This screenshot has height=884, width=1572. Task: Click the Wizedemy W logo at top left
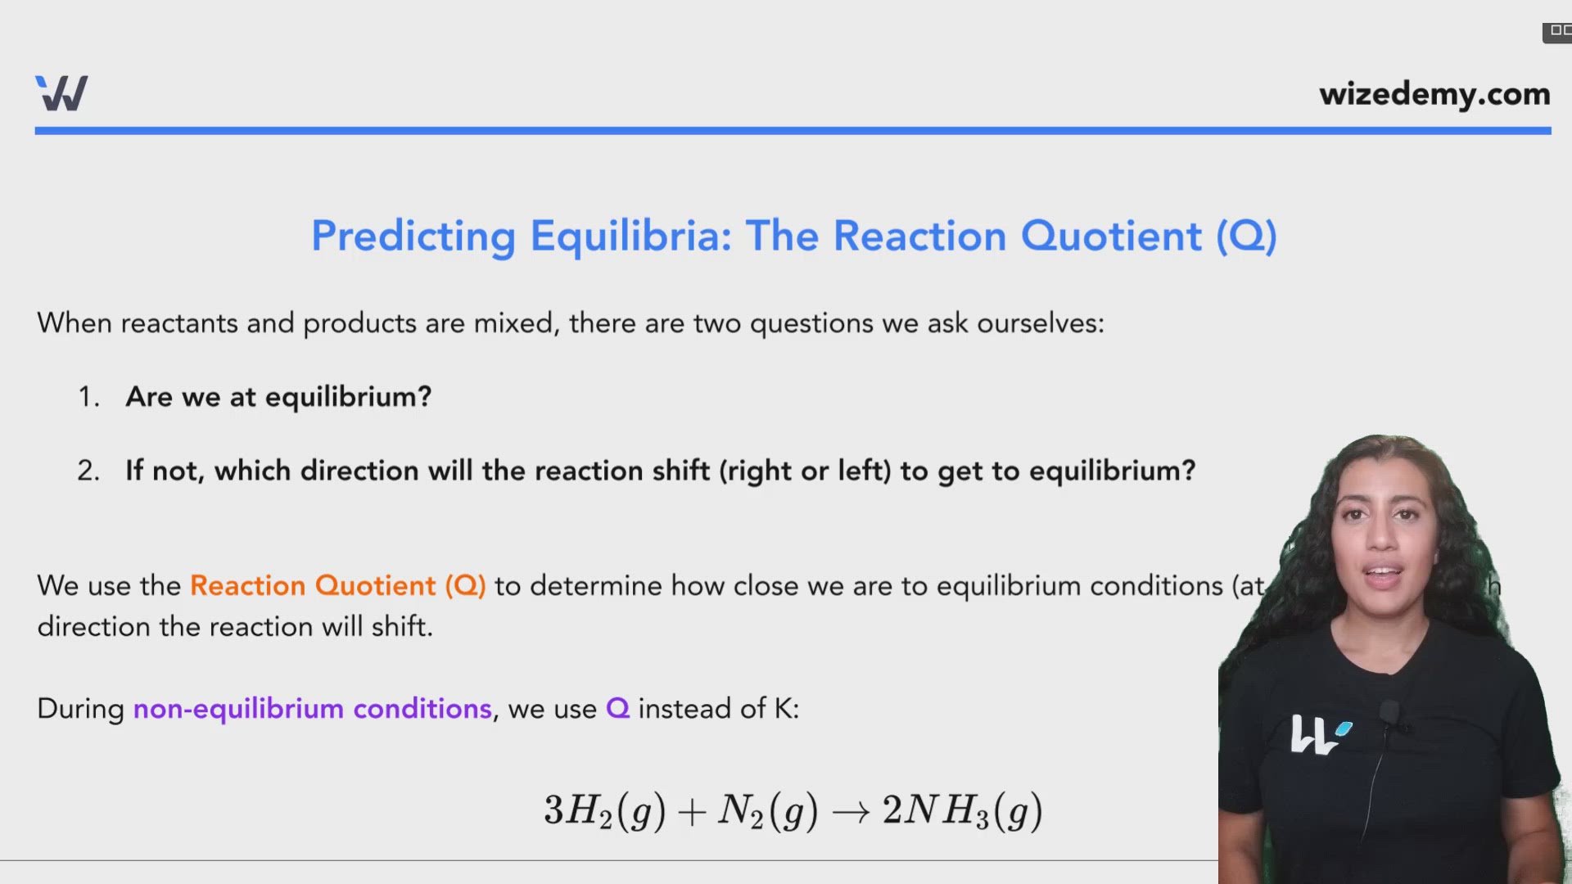tap(61, 93)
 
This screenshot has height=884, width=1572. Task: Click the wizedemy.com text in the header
tap(1434, 94)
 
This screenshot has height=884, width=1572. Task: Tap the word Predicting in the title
tap(413, 237)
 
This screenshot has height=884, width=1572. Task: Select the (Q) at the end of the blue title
tap(1245, 237)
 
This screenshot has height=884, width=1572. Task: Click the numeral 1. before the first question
tap(88, 398)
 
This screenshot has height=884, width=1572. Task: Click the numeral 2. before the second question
tap(88, 471)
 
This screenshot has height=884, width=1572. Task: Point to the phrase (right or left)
tap(805, 471)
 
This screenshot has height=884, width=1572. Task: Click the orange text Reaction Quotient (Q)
tap(337, 586)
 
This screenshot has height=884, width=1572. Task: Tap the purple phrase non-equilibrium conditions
tap(312, 709)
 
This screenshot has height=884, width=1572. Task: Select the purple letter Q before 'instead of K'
tap(617, 709)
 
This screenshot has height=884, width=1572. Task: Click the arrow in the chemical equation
tap(850, 812)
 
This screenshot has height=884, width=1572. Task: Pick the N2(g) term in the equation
tap(767, 811)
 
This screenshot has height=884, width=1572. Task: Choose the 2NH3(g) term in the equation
tap(962, 811)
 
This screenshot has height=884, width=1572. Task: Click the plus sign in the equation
tap(692, 812)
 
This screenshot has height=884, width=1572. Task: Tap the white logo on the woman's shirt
tap(1319, 734)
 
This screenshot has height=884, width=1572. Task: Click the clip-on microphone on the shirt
tap(1389, 712)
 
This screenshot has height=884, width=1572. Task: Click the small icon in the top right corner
tap(1557, 32)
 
